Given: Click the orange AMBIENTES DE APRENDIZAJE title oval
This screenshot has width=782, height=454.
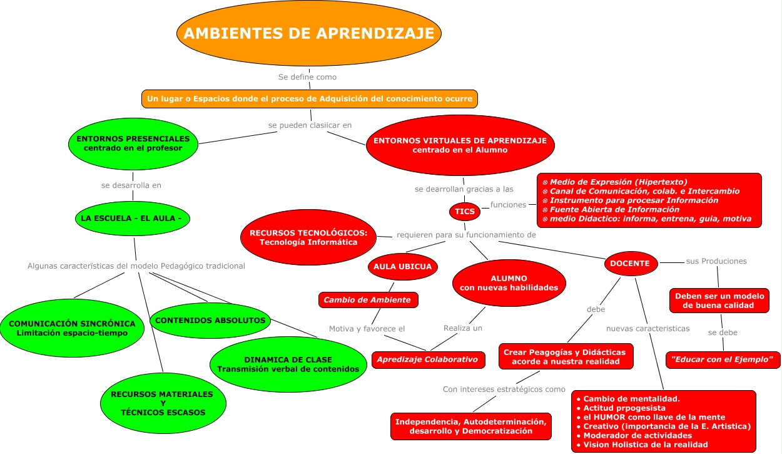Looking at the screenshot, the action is (309, 33).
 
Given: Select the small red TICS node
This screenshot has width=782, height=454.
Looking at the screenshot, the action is (465, 211).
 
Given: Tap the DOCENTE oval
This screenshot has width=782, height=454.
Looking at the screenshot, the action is (631, 264).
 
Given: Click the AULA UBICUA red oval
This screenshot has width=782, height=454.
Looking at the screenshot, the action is (402, 267).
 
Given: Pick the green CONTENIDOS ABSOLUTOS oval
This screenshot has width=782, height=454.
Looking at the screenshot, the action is (210, 320).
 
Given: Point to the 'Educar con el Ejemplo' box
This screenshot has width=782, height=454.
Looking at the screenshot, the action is (723, 359).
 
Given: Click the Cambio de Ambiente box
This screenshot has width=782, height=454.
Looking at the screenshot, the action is (367, 300).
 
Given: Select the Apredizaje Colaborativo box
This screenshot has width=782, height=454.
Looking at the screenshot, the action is (428, 359).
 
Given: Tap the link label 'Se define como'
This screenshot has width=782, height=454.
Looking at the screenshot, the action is (307, 77).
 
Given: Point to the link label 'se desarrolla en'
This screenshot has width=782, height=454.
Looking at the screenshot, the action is (131, 185).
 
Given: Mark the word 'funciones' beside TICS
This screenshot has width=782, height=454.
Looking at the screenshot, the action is (508, 205).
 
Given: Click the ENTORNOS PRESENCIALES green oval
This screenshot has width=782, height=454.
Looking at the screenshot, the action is (133, 143).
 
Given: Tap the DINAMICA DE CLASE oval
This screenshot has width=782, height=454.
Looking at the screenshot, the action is (288, 364).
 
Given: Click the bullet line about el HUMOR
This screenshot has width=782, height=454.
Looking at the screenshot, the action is (654, 417).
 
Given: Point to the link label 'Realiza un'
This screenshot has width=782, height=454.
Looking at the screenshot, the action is (463, 328).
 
